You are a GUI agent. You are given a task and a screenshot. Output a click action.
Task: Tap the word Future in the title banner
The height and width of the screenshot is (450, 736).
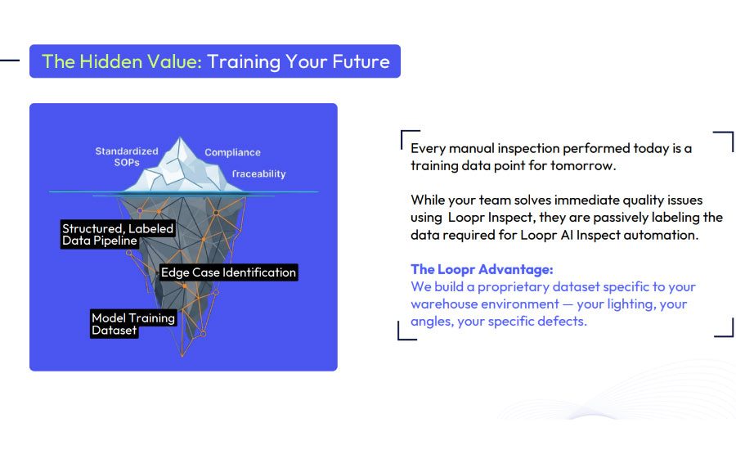tap(361, 61)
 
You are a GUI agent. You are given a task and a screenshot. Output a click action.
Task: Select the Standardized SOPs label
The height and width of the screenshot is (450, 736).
tap(127, 156)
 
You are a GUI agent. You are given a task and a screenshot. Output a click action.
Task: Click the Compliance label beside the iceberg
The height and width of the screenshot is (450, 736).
tap(232, 152)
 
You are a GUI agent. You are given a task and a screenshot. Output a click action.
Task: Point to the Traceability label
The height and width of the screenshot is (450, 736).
tap(258, 173)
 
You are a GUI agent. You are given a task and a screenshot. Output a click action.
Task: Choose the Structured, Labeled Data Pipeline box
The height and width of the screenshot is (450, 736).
tap(118, 234)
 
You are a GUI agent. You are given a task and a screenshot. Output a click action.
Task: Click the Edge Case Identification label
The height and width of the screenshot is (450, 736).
tap(229, 272)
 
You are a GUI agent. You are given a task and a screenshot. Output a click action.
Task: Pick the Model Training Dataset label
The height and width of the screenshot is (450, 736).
tap(133, 324)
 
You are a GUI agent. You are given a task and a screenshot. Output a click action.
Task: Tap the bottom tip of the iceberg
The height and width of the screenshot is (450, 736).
tap(182, 356)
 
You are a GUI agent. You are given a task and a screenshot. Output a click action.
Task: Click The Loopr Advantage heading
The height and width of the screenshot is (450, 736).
tap(482, 269)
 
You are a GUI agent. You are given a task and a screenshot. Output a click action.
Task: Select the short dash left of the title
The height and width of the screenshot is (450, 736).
tap(10, 60)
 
